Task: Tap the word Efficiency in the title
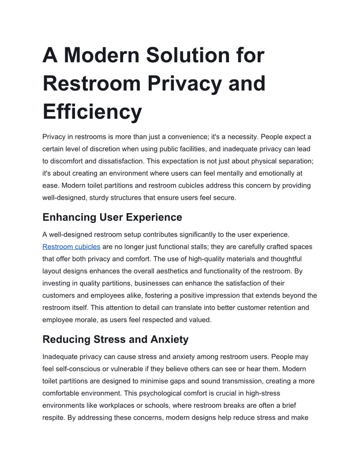point(92,111)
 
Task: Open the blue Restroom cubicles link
point(71,247)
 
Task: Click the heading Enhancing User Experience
point(112,217)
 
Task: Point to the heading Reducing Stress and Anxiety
point(115,339)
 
